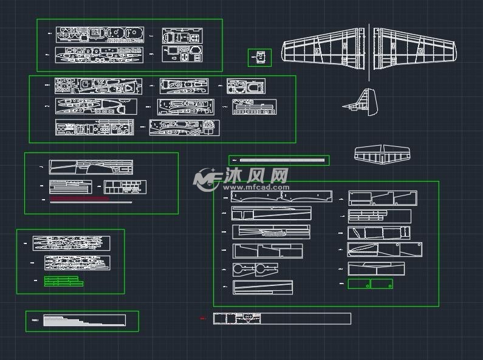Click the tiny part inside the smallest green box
(260, 58)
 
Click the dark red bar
(79, 199)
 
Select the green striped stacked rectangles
(64, 281)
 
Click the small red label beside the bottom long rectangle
(203, 318)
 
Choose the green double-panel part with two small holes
(370, 284)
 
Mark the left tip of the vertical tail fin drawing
(343, 107)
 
